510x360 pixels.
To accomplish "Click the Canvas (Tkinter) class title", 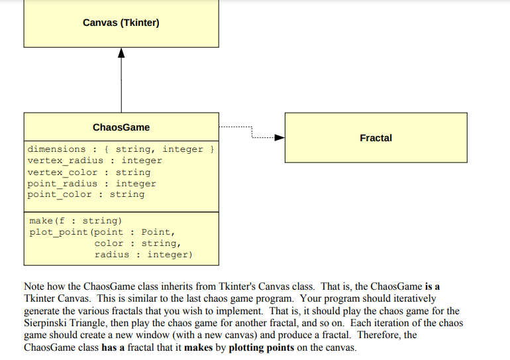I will (121, 23).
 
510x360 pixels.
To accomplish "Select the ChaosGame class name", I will (121, 127).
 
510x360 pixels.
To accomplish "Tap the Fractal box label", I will (376, 138).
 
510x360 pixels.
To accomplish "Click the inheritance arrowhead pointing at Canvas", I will (121, 53).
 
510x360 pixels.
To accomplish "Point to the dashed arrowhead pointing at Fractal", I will (280, 138).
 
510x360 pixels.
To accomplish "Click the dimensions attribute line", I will (120, 149).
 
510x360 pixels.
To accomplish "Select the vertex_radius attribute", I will (95, 160).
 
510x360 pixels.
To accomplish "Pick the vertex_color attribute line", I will (89, 172).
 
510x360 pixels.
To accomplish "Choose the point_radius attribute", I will (91, 184).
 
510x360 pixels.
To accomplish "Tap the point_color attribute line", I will (85, 194).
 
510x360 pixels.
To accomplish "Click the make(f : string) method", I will (76, 220).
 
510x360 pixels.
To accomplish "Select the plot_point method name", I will (58, 232).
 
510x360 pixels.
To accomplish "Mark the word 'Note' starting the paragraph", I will (34, 287).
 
